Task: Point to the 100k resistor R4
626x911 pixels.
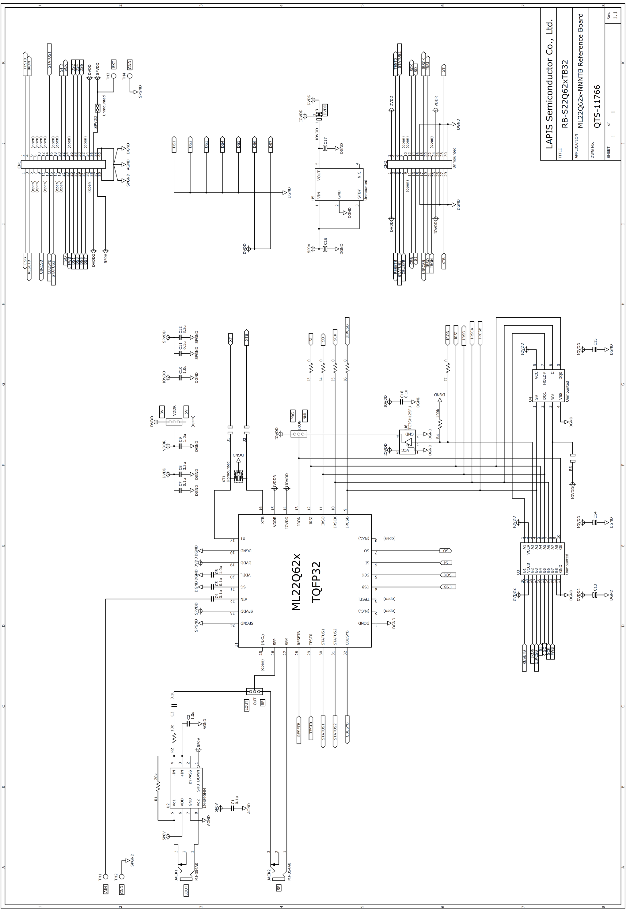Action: click(x=440, y=424)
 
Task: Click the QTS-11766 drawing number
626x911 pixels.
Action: click(x=597, y=106)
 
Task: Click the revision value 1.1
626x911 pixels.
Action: click(x=615, y=15)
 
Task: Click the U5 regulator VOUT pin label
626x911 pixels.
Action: click(x=319, y=175)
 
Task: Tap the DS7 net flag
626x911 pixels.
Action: click(x=271, y=145)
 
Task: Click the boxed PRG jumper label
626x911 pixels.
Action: click(x=293, y=415)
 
